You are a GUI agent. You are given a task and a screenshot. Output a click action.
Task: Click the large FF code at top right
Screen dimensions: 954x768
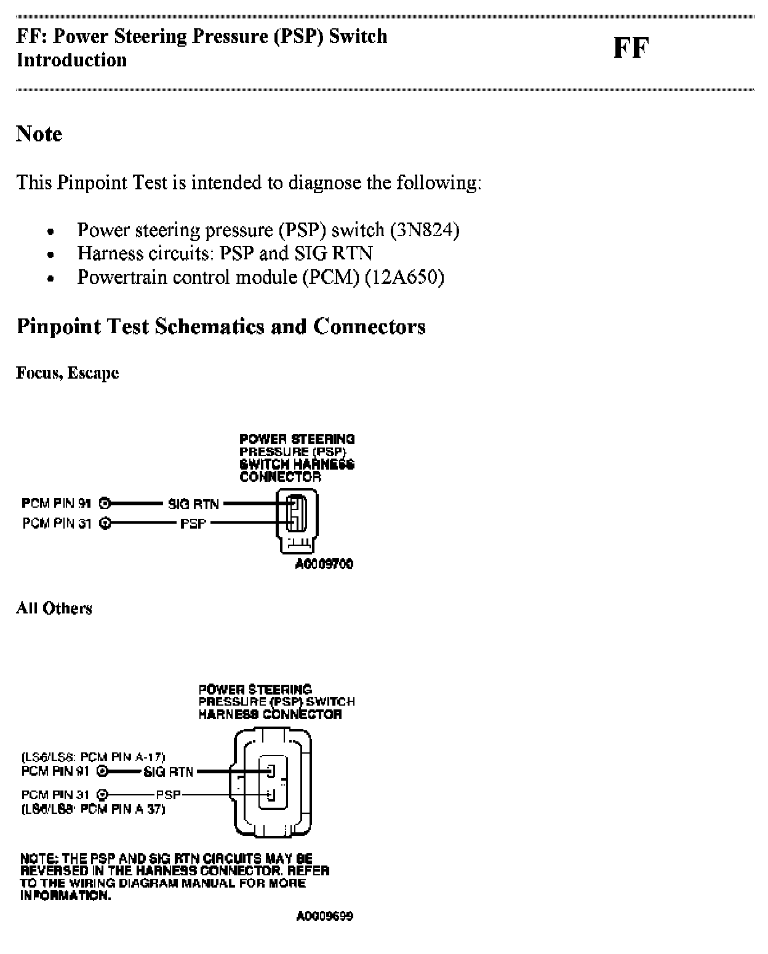(631, 48)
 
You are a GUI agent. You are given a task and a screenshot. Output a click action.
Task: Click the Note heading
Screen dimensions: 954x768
(39, 134)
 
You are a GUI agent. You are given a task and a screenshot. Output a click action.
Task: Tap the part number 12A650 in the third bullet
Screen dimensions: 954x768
(404, 277)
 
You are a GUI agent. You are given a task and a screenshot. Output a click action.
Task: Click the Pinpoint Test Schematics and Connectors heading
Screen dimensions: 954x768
(221, 326)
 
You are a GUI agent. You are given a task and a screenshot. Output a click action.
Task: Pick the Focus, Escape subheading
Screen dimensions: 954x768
(67, 373)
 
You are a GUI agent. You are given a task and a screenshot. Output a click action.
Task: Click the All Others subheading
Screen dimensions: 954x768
(54, 609)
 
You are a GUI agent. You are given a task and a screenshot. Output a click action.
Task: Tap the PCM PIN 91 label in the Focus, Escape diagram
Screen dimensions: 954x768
(57, 504)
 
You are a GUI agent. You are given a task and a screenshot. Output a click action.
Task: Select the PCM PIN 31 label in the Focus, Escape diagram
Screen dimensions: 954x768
(57, 524)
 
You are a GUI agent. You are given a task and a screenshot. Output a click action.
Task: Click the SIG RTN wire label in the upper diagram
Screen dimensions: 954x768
(193, 504)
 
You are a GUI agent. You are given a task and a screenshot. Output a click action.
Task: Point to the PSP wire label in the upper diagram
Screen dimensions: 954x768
(193, 524)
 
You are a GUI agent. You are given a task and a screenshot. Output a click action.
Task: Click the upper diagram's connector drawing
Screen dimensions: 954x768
(297, 519)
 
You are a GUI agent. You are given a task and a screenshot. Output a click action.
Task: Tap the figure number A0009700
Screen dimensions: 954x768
(324, 564)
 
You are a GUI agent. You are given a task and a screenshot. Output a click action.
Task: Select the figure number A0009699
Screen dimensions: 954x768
(324, 917)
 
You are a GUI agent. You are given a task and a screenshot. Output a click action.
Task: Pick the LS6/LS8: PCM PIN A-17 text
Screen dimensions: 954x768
(93, 757)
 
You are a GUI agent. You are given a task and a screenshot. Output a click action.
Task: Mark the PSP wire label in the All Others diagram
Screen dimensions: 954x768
(169, 795)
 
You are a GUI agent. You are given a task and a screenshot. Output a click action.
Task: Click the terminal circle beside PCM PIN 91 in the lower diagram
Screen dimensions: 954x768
(103, 771)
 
